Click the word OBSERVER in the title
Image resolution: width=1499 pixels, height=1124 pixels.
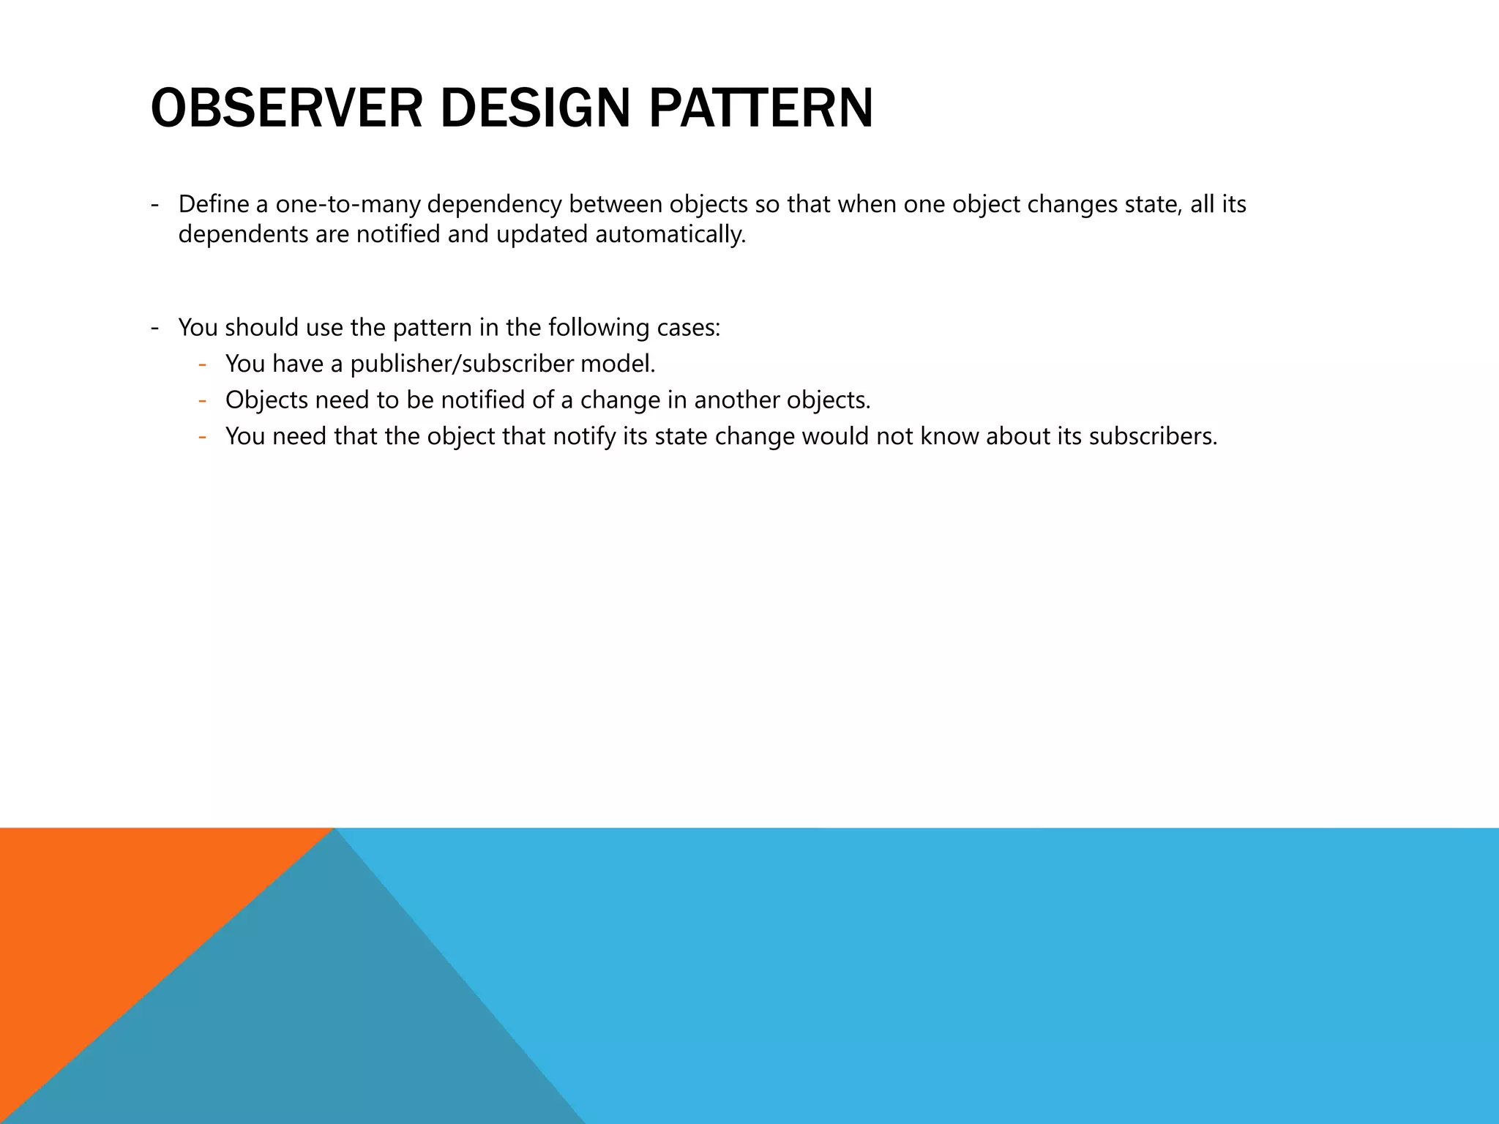coord(286,109)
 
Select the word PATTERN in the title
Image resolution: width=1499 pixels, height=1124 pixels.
coord(760,109)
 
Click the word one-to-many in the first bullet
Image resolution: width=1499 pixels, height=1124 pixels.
coord(348,204)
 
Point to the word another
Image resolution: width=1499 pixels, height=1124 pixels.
coord(736,400)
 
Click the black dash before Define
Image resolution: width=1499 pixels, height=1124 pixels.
coord(154,204)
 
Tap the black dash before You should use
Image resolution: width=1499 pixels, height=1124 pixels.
coord(154,327)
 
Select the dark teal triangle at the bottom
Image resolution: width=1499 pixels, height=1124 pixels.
coord(307,1024)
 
